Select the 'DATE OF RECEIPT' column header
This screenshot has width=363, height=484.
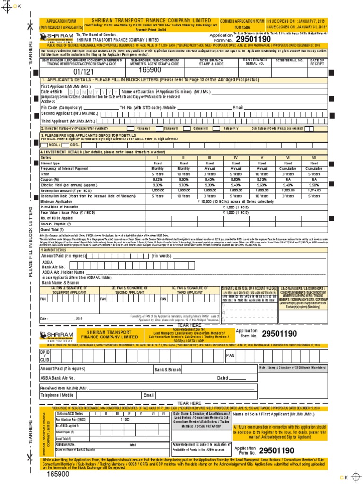[317, 61]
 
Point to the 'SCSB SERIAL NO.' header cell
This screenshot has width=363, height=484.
[288, 61]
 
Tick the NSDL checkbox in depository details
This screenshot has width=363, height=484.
[44, 145]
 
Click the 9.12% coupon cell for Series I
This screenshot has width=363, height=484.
[157, 179]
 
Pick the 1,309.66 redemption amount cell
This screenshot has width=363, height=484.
[287, 190]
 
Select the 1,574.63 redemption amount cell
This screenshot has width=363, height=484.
[313, 190]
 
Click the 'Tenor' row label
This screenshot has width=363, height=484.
[45, 173]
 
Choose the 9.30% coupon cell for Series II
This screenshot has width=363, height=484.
[183, 179]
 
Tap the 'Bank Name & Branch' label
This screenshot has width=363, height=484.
[61, 283]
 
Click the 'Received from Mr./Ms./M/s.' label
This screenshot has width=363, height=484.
[64, 388]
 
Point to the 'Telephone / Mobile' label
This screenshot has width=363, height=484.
[57, 395]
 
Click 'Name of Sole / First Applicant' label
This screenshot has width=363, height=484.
[273, 414]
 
